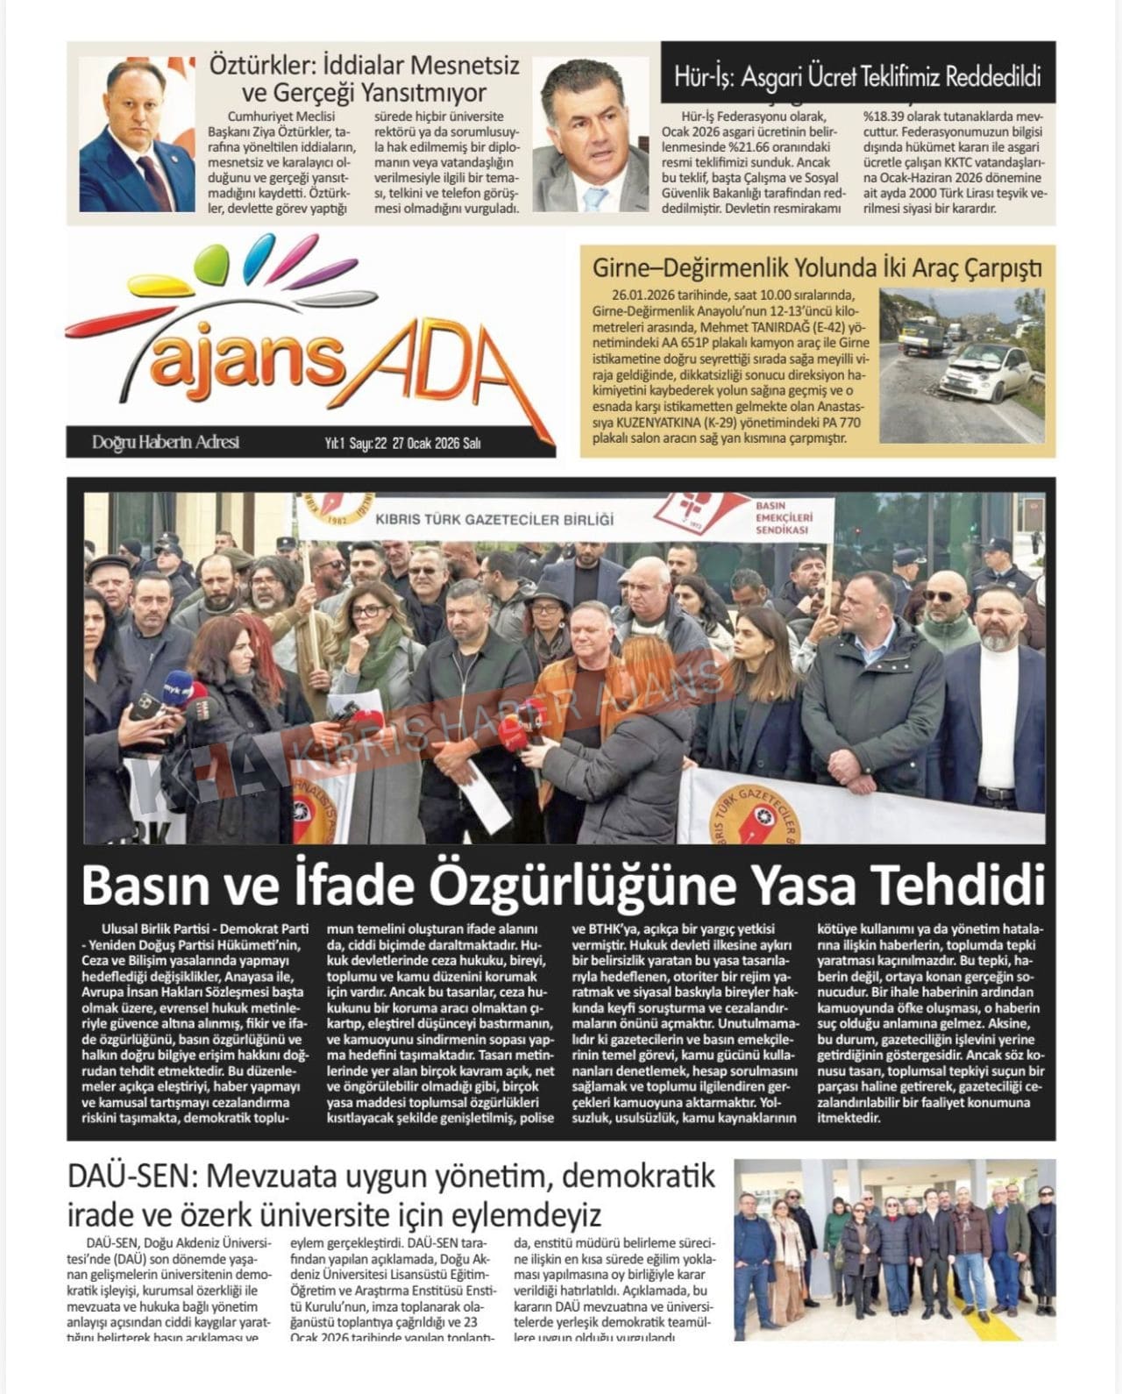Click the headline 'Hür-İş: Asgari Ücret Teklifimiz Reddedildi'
857,77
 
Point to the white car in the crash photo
984,369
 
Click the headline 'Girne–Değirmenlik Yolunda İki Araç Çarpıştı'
817,267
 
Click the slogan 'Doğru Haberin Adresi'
166,443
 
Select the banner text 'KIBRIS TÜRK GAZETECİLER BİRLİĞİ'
494,519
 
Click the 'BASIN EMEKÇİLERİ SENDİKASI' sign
783,517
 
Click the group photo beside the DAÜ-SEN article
894,1249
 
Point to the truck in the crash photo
920,335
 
